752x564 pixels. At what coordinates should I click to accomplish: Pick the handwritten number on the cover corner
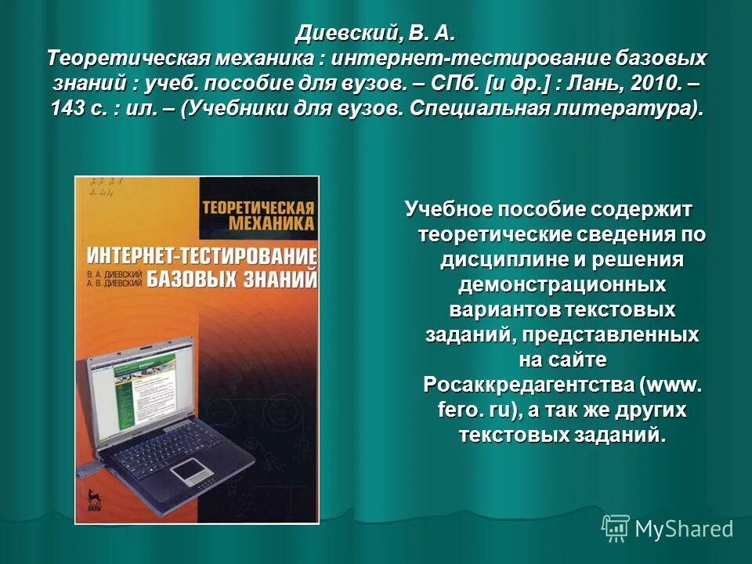point(99,187)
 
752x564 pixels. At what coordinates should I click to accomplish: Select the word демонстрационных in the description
point(562,284)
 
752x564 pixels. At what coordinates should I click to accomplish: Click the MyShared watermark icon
point(616,528)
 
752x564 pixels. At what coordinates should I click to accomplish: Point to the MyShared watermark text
point(684,529)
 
